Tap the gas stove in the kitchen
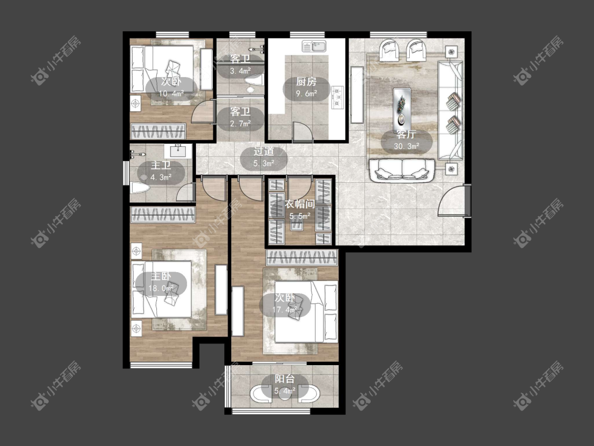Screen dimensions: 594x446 [337, 98]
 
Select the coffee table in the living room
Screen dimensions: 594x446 [402, 107]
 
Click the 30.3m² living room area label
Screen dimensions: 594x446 [407, 141]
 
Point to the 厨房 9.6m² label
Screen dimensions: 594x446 [306, 87]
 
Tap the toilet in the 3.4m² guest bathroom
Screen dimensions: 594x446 [253, 82]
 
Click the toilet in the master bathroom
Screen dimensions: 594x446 [139, 188]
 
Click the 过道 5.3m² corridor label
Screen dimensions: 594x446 [264, 157]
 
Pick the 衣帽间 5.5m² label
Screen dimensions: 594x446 [300, 210]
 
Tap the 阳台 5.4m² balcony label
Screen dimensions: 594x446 [285, 384]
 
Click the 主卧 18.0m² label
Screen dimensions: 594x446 [161, 282]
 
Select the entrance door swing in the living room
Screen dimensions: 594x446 [451, 200]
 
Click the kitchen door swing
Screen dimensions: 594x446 [303, 132]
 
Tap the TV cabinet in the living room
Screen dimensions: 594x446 [357, 95]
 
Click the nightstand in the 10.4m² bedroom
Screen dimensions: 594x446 [135, 103]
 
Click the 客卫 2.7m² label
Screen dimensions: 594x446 [241, 117]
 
